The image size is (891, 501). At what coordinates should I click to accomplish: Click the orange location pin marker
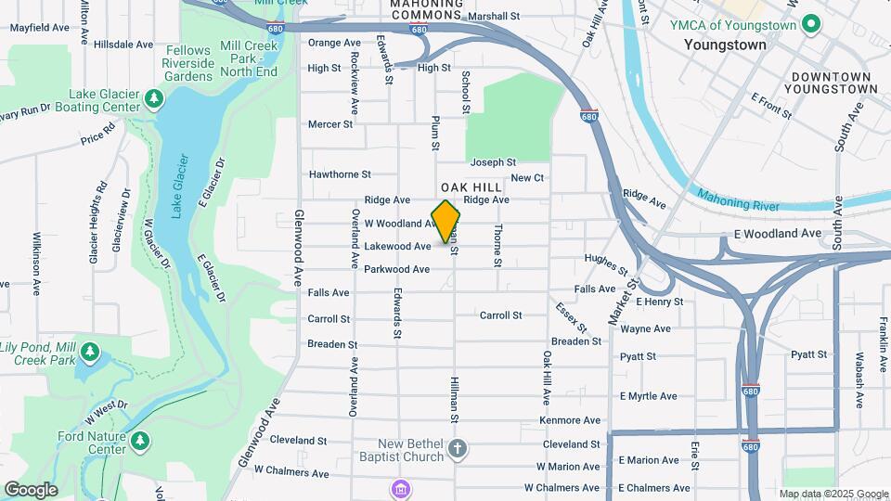(446, 221)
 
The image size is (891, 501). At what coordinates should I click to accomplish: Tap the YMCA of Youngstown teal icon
(810, 24)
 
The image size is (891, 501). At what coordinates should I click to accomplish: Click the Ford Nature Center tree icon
(139, 439)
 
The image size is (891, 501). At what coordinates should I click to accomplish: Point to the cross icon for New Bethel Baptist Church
(456, 450)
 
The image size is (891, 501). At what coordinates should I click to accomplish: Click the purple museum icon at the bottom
(400, 488)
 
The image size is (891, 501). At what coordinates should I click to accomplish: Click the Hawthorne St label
(340, 173)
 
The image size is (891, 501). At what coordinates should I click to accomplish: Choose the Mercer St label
(330, 123)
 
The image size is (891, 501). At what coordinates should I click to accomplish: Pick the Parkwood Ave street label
(396, 269)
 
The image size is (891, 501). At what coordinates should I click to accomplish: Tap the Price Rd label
(97, 137)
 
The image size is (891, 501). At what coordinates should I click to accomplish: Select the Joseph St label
(493, 162)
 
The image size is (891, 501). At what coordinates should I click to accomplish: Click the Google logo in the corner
(31, 489)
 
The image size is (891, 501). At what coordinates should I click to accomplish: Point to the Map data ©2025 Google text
(833, 494)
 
